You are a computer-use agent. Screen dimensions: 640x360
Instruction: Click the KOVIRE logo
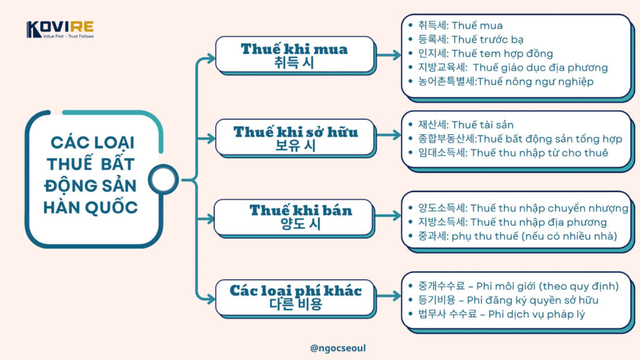[60, 30]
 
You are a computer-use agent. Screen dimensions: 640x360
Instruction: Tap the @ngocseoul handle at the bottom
[338, 348]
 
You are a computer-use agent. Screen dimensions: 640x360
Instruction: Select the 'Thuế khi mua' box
[295, 55]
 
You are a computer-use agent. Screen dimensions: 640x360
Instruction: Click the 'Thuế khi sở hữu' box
[295, 137]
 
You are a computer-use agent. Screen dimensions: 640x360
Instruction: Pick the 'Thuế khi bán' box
[294, 217]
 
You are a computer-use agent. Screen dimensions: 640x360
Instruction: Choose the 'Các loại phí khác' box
[295, 297]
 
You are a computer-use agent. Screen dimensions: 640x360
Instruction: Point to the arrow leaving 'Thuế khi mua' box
[388, 55]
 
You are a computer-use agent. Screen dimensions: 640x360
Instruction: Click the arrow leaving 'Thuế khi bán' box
[387, 216]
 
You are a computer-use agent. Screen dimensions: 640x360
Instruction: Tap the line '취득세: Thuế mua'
[460, 26]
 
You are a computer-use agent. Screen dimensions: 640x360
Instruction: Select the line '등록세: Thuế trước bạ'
[471, 39]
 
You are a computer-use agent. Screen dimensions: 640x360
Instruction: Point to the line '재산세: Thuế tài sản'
[466, 125]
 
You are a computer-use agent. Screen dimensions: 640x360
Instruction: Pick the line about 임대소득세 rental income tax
[513, 153]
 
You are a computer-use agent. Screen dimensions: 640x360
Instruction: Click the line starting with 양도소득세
[523, 208]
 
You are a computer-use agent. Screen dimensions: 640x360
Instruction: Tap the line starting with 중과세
[517, 236]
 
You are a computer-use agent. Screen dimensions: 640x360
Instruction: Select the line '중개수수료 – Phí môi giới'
[518, 286]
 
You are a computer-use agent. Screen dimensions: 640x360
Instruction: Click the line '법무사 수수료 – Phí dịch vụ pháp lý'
[501, 314]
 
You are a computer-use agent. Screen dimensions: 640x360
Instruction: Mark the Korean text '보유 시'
[296, 146]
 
